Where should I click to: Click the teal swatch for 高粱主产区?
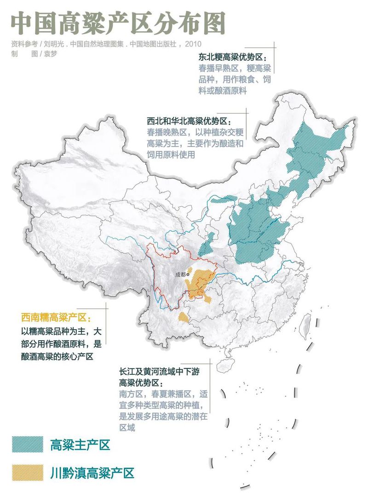pos(28,445)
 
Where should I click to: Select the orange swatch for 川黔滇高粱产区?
pos(28,472)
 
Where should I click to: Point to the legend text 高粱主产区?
pos(80,445)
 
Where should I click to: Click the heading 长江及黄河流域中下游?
pos(164,371)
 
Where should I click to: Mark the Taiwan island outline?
pos(305,327)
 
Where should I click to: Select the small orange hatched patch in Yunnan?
pos(183,317)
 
